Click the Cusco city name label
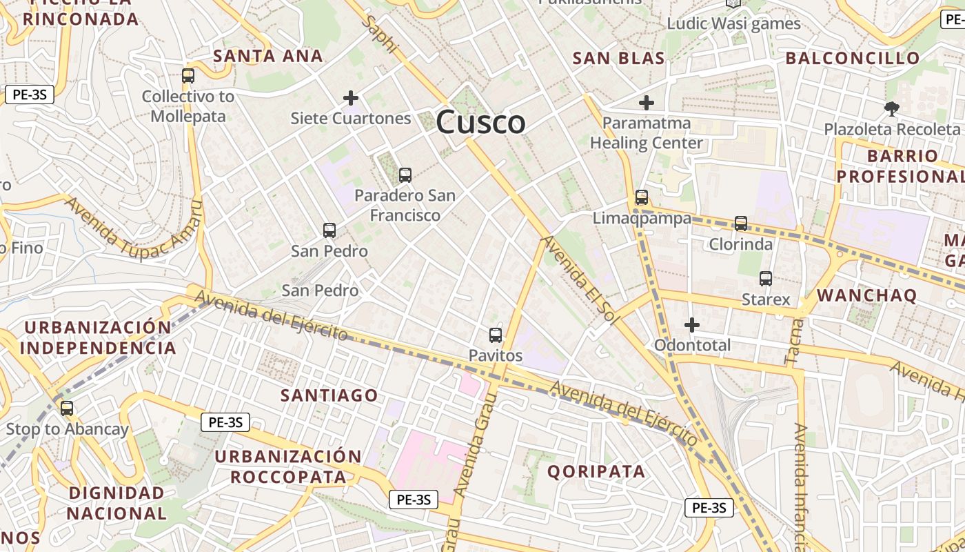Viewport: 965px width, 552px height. tap(480, 123)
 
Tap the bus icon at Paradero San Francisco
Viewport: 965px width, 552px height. tap(405, 175)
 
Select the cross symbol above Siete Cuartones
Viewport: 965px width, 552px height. tap(351, 98)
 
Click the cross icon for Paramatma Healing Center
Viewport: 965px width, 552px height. tap(646, 103)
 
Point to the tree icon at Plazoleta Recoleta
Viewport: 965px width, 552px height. tap(892, 108)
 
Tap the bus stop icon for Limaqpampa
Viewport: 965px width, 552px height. tap(642, 198)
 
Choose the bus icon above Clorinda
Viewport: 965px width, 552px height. tap(741, 224)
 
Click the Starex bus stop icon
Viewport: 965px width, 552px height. tap(766, 279)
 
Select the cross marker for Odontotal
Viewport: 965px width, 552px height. tap(692, 324)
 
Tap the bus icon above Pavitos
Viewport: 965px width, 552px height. tap(496, 335)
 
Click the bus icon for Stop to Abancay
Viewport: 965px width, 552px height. tap(67, 408)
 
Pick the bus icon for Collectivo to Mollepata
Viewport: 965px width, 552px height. tap(188, 76)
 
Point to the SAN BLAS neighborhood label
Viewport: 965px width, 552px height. tap(619, 59)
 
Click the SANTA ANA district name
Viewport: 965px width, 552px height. tap(268, 56)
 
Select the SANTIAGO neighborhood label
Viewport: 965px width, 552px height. tap(329, 395)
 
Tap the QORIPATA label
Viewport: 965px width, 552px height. tap(596, 472)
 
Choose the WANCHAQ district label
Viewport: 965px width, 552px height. tap(867, 296)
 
